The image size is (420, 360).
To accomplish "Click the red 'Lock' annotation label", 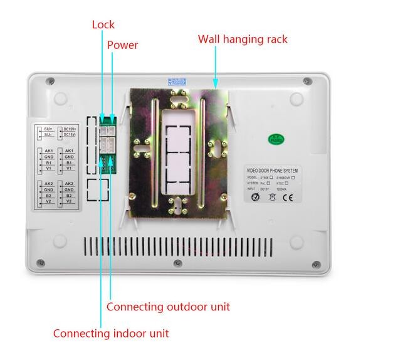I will pos(103,25).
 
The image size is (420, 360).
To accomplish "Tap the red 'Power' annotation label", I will pos(122,45).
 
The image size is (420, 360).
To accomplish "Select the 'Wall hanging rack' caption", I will pos(243,39).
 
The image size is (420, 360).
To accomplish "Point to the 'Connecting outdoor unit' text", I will pos(168,307).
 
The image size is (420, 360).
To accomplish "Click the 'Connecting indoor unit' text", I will pos(110,334).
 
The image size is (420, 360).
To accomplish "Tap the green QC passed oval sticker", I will pos(275,139).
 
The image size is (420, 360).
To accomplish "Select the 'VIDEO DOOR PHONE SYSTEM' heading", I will pos(272,171).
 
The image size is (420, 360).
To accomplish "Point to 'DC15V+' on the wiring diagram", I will pos(70,128).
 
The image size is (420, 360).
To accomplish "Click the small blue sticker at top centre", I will pos(177,82).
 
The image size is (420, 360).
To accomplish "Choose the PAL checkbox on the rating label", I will pos(271,183).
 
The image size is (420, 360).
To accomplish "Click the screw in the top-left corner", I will pos(50,80).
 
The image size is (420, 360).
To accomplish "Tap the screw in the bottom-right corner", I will pos(315,263).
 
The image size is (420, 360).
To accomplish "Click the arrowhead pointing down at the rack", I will pos(215,82).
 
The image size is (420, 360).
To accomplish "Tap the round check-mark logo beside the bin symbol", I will pos(256,198).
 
